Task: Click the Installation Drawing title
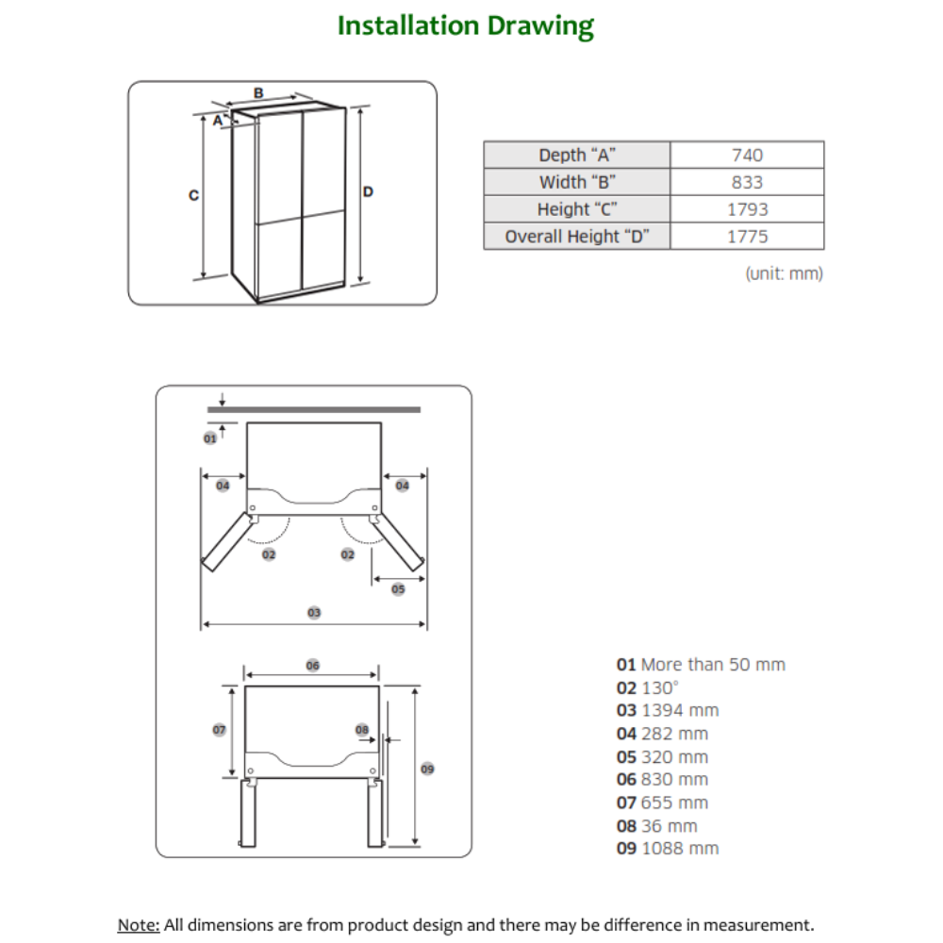[466, 25]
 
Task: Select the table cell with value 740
[747, 155]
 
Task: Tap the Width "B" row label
[577, 182]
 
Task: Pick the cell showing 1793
[747, 209]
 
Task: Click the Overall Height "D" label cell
[577, 237]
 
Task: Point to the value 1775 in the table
[747, 237]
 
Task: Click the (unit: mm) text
[784, 273]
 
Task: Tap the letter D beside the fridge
[369, 191]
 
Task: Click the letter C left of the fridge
[193, 195]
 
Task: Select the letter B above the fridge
[258, 92]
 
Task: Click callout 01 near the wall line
[210, 438]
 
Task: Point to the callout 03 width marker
[314, 613]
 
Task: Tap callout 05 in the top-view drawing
[397, 588]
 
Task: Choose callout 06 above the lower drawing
[313, 666]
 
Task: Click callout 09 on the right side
[427, 769]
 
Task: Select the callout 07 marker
[219, 730]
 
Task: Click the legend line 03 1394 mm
[667, 710]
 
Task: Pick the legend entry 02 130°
[648, 687]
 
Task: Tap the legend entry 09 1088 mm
[667, 848]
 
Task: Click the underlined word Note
[138, 924]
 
